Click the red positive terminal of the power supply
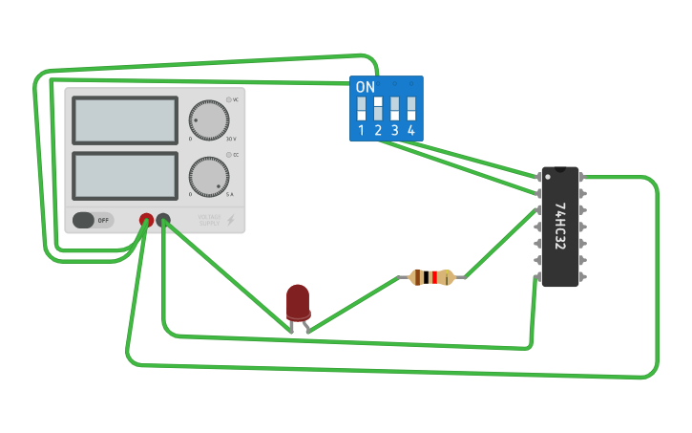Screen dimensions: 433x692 [x=146, y=220]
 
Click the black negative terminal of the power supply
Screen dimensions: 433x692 [x=163, y=220]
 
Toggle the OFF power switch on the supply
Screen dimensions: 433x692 [x=93, y=220]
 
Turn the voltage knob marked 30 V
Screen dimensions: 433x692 [x=208, y=120]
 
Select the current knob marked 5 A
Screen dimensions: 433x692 [x=208, y=177]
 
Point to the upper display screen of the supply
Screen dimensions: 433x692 [x=124, y=120]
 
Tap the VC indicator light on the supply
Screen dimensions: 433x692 [x=229, y=99]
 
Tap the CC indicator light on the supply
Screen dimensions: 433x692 [x=229, y=155]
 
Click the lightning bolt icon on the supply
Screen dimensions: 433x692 [x=230, y=220]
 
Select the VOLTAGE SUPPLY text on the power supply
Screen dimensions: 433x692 [x=210, y=220]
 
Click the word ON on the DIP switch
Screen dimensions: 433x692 [x=365, y=87]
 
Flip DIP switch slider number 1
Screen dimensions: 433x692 [x=361, y=107]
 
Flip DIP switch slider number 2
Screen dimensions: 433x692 [x=378, y=107]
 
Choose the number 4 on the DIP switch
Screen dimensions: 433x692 [x=411, y=130]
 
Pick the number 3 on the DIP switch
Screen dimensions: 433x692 [x=394, y=130]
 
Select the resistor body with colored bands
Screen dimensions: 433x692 [x=431, y=277]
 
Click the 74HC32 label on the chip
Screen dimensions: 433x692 [x=559, y=227]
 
